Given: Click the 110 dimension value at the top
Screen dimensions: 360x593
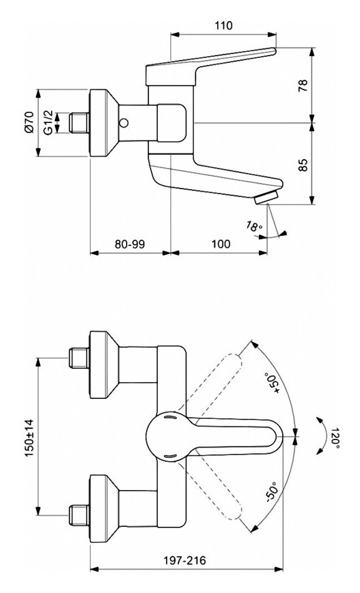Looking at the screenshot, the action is (223, 26).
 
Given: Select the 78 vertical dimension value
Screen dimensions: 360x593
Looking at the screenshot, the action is (303, 86).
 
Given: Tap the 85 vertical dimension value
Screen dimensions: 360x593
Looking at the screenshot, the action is (303, 165).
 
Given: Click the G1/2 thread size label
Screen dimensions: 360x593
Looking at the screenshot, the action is (48, 123).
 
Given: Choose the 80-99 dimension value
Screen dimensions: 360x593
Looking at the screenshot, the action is (130, 244).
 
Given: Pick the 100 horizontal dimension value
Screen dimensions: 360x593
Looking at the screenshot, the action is (220, 244).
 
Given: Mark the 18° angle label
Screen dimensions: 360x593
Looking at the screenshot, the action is (254, 226).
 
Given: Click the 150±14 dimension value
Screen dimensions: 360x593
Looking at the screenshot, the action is (29, 438).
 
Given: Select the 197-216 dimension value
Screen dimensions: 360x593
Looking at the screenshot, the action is (185, 560).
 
